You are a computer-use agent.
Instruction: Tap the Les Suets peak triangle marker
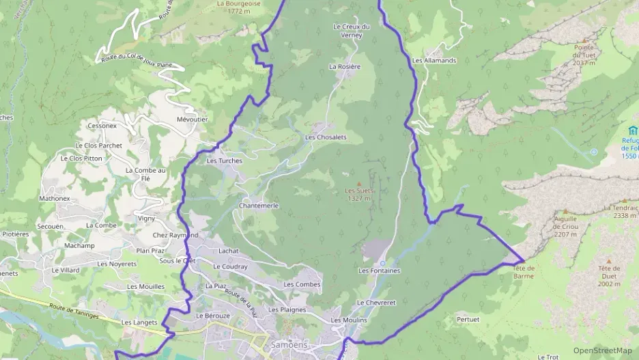coord(358,183)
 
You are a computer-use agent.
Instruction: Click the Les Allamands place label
coord(434,61)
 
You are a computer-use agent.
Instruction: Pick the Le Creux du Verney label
coord(351,31)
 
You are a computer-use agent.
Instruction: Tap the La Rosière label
coord(344,67)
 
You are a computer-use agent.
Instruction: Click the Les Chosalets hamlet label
coord(326,137)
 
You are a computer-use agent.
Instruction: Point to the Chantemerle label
coord(259,206)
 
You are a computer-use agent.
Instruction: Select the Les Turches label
coord(224,161)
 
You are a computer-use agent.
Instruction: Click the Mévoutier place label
coord(192,120)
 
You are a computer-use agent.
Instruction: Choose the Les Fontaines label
coord(379,271)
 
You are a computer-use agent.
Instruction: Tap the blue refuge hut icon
coord(632,130)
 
